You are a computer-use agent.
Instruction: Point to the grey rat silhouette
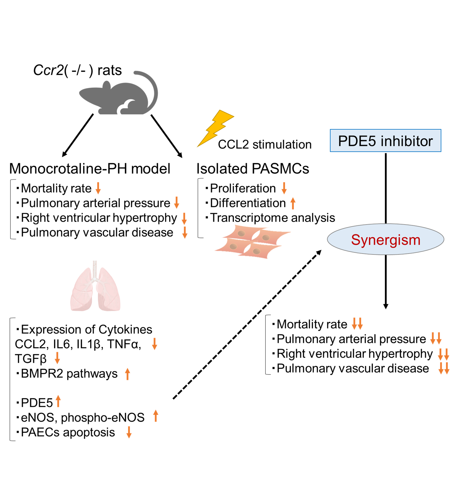118,97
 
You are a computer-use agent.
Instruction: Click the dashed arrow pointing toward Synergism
247,325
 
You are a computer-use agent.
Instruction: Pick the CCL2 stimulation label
265,145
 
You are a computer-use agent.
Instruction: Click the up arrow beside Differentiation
293,203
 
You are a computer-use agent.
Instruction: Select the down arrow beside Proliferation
284,188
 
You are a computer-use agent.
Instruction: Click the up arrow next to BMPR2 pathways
128,374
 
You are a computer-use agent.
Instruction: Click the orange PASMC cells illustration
252,242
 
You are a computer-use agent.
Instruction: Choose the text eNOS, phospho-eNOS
83,418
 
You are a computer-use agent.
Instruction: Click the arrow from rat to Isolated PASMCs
166,136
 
